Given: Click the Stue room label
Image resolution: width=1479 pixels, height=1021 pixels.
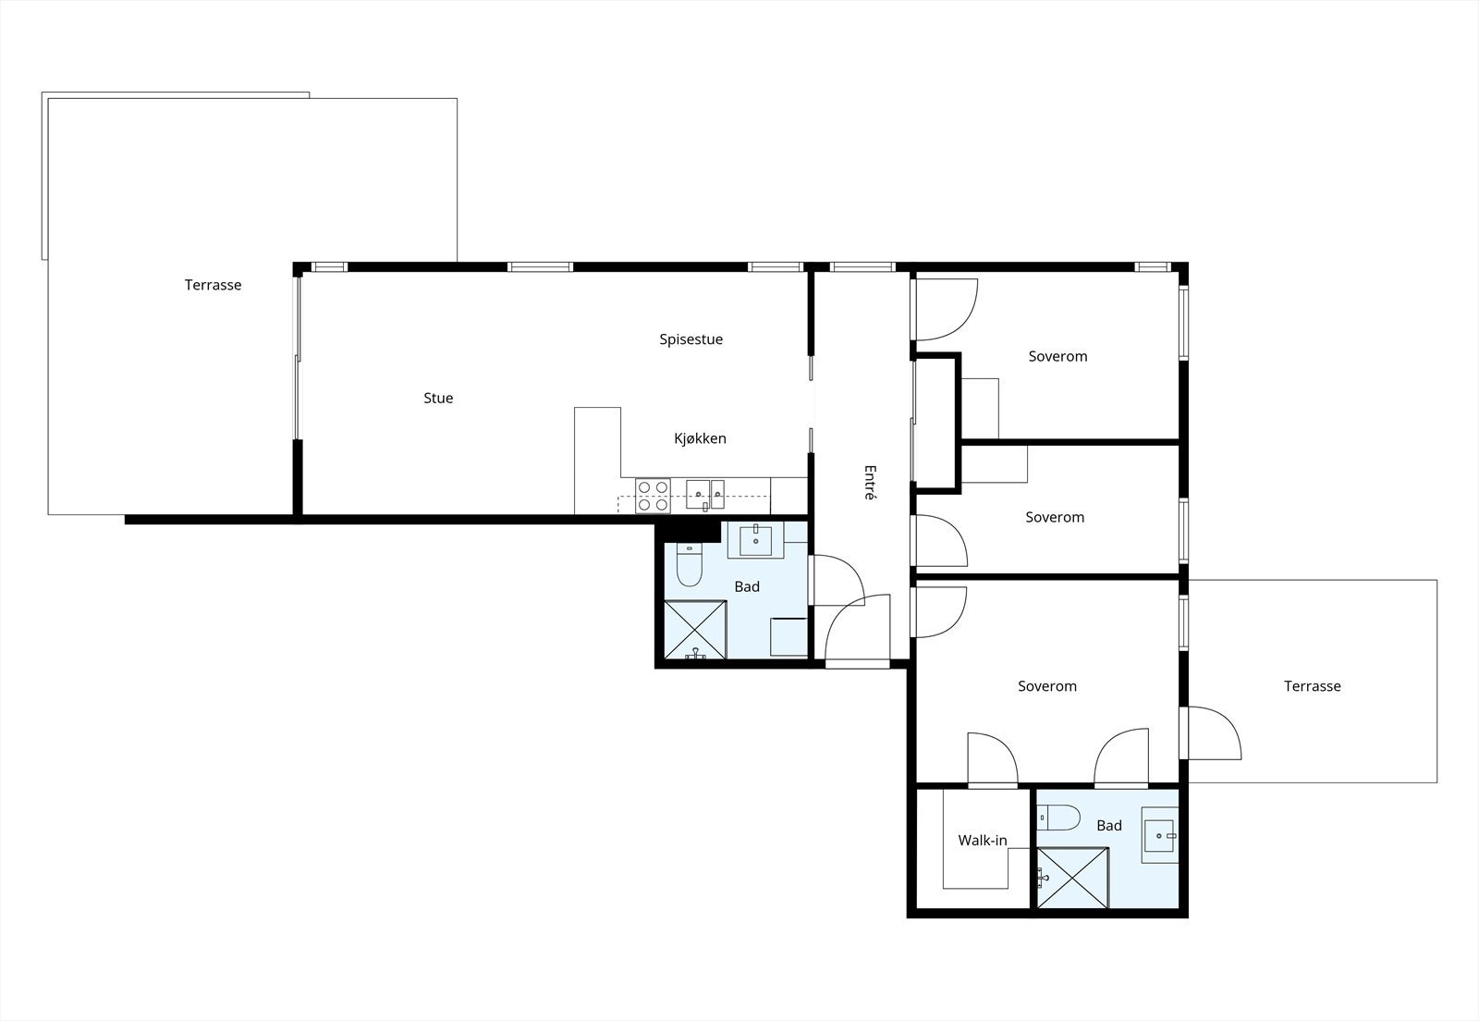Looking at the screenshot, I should pyautogui.click(x=438, y=399).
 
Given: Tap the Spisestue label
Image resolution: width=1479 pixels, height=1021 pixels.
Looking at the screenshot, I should pyautogui.click(x=691, y=339).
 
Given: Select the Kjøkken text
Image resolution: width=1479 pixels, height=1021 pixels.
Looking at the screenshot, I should pyautogui.click(x=700, y=438).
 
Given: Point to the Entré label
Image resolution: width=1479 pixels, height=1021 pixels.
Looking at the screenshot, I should pyautogui.click(x=869, y=482).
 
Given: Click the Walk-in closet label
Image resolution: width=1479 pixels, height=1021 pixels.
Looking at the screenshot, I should pyautogui.click(x=982, y=841).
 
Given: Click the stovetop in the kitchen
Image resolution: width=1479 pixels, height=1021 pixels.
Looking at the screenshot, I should pyautogui.click(x=654, y=496).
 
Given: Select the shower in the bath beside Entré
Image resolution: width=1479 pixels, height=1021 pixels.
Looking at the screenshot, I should pyautogui.click(x=695, y=630).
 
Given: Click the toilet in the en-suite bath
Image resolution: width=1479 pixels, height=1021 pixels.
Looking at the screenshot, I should pyautogui.click(x=1061, y=818).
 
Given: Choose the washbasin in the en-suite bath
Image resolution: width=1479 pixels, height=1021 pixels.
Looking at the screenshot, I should pyautogui.click(x=1159, y=835).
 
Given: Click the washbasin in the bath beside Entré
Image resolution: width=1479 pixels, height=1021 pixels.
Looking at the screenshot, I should pyautogui.click(x=756, y=540).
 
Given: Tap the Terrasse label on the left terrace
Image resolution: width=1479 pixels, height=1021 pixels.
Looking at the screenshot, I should pyautogui.click(x=213, y=285).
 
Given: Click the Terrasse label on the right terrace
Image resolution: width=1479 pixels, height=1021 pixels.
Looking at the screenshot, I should pyautogui.click(x=1312, y=686).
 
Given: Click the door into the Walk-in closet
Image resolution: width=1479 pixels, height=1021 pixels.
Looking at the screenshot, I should pyautogui.click(x=992, y=760).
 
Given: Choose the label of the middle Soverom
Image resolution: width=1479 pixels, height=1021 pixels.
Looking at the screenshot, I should pyautogui.click(x=1055, y=517).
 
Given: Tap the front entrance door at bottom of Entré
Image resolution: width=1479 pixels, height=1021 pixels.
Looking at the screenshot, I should pyautogui.click(x=856, y=632).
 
